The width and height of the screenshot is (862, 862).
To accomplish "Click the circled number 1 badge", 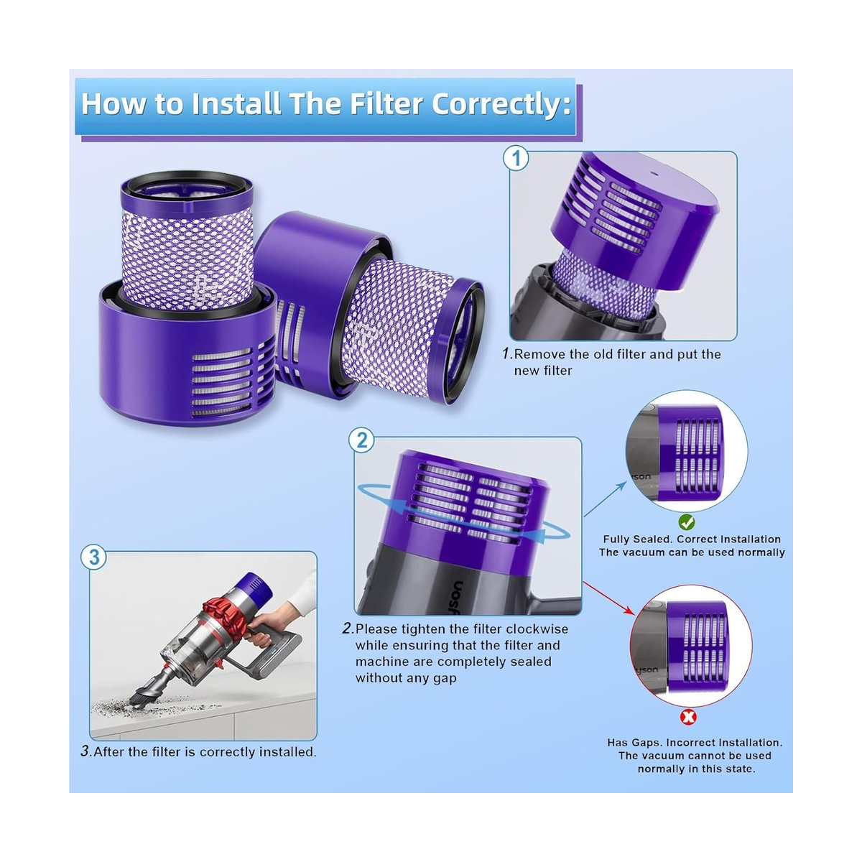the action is click(516, 159).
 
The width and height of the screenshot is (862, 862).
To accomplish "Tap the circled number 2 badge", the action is click(361, 440).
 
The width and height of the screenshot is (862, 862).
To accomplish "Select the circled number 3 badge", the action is click(94, 557).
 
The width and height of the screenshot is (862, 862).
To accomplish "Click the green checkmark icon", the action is click(686, 522).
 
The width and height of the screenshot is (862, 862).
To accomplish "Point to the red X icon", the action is click(688, 718).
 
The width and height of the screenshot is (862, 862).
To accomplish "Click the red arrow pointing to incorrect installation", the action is click(609, 599).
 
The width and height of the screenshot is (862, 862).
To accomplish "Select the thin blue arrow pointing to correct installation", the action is click(605, 499).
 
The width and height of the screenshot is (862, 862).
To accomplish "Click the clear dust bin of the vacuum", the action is click(188, 640).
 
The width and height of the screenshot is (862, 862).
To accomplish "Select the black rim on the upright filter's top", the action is click(187, 175).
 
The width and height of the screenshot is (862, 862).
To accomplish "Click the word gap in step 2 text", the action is click(445, 679).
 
